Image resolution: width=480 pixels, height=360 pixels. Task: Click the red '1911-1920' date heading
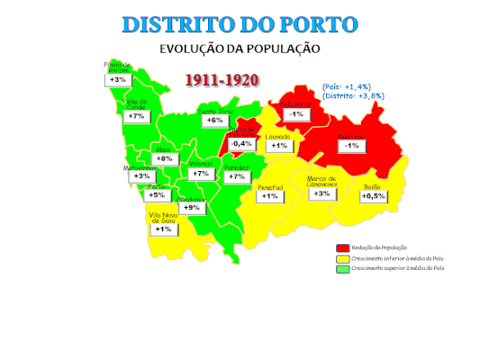222,79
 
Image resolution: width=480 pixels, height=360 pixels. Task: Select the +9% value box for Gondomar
191,207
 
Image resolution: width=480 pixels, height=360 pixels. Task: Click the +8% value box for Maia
164,158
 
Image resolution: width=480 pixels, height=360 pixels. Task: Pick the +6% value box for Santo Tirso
214,120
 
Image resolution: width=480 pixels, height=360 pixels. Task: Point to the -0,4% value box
240,144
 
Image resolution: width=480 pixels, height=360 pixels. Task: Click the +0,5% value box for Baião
373,196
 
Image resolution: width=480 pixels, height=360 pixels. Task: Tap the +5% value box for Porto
157,195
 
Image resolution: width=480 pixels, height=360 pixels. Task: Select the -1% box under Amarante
352,146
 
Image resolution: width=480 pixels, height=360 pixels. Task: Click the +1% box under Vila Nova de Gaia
163,229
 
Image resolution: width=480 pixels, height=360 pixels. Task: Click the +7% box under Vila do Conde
136,116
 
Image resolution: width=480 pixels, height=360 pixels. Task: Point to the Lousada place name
278,136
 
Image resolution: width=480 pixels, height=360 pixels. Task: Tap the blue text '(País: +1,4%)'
347,86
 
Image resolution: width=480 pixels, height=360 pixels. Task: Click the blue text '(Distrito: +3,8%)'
354,95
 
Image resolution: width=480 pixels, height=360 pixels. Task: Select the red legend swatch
342,247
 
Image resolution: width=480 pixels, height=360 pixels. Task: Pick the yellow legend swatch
342,258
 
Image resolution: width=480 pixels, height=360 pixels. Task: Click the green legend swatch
342,268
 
